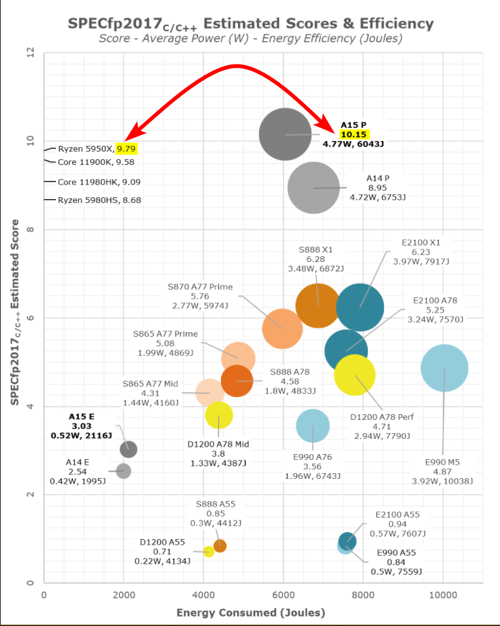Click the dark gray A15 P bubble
coord(285,134)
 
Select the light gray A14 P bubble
coord(313,187)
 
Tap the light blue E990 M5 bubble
coord(444,368)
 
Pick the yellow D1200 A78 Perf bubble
coord(355,375)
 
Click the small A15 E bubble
coord(128,449)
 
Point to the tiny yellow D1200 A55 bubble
coord(208,551)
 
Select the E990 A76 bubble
coord(313,426)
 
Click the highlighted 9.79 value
coord(126,149)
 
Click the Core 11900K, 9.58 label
coord(96,162)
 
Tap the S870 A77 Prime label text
coord(200,287)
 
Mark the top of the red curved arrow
coord(236,66)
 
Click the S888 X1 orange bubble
coord(318,305)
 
